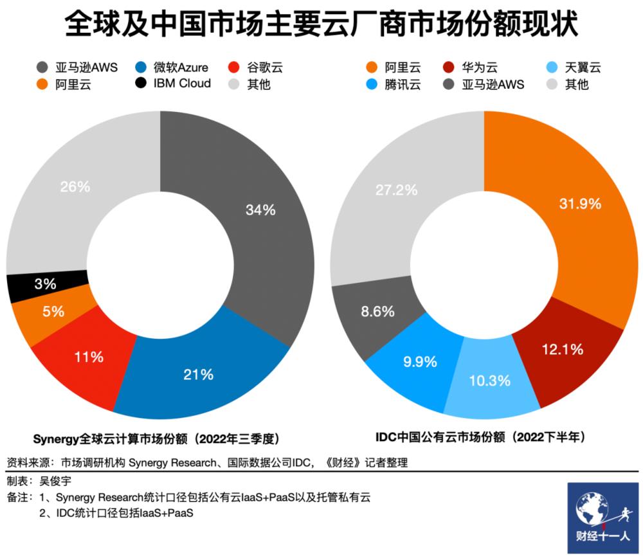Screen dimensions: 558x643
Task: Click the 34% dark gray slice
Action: click(x=260, y=210)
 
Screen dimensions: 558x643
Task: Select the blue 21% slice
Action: click(x=198, y=373)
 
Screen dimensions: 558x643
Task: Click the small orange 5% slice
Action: click(x=53, y=312)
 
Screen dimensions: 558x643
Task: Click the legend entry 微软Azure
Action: click(x=172, y=67)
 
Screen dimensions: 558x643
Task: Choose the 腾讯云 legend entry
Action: click(x=393, y=84)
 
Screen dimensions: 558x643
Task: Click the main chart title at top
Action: click(x=321, y=26)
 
